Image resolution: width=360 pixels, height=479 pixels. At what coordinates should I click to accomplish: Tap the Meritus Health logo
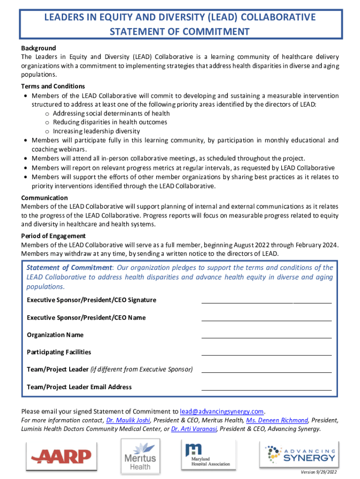140,456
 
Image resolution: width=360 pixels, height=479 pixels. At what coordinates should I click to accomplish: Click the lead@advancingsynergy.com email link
222,412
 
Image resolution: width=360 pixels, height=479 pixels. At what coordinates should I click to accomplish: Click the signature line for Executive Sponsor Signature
266,303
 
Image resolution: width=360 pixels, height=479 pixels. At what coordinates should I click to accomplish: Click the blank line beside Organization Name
266,337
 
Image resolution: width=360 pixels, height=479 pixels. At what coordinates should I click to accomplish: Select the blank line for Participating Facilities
266,355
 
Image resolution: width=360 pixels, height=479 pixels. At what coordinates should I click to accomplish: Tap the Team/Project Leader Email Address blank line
266,390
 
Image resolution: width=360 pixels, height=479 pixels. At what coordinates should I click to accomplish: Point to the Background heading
38,48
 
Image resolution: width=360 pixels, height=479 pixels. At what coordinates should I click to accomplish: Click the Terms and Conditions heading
53,86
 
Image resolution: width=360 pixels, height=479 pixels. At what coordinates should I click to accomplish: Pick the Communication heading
44,198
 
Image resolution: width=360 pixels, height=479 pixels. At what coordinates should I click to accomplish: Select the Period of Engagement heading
53,236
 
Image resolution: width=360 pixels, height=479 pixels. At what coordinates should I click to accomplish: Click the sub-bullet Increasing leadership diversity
96,131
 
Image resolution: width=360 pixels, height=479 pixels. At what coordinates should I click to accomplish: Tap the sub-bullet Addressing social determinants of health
111,113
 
